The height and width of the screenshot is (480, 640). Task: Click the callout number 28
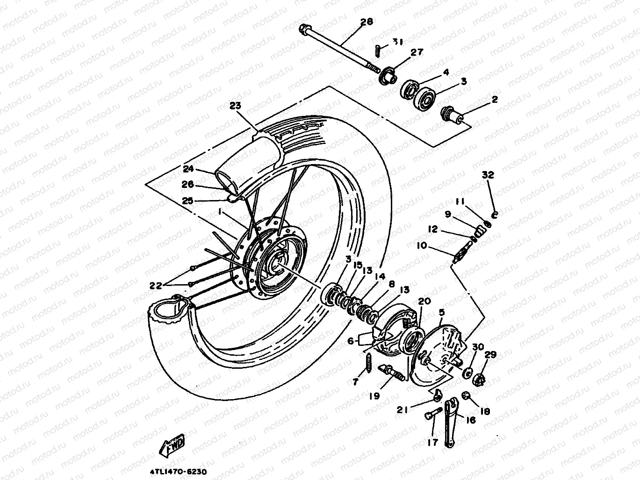[x=367, y=21]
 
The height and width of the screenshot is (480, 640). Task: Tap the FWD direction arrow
[x=173, y=444]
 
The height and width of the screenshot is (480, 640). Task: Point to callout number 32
[x=488, y=175]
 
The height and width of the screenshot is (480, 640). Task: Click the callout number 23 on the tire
[x=235, y=106]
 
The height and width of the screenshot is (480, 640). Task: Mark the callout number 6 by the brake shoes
[x=351, y=341]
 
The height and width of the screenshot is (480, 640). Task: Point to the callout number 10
[x=421, y=245]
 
